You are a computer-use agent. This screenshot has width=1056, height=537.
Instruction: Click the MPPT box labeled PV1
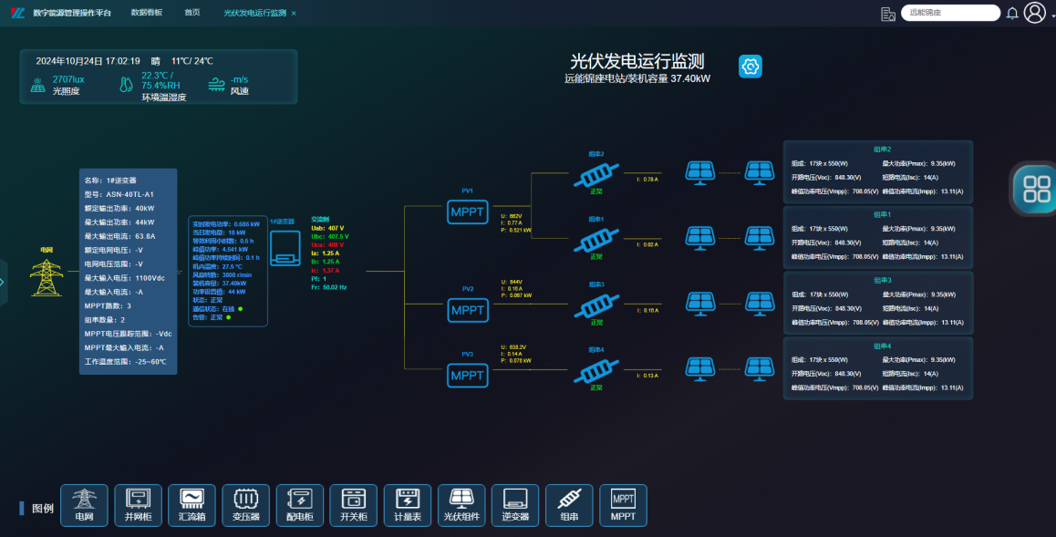tap(468, 212)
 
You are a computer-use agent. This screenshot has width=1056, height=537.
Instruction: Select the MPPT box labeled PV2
tap(468, 310)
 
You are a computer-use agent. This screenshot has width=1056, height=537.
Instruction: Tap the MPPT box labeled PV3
tap(468, 375)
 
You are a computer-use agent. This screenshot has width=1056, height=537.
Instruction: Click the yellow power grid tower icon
tap(47, 277)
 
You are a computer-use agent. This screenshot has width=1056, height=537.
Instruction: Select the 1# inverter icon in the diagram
tap(284, 244)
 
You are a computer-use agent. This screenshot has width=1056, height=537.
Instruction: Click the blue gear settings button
tap(750, 67)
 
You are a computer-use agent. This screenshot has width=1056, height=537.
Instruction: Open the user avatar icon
tap(1034, 13)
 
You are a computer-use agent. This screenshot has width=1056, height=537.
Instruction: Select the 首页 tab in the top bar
tap(192, 13)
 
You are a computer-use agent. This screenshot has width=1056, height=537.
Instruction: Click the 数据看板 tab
tap(147, 13)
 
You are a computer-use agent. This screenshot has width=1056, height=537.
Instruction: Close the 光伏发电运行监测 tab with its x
tap(294, 14)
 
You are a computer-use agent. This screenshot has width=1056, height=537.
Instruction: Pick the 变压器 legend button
tap(245, 505)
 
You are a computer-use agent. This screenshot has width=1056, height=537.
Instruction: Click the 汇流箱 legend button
tap(192, 505)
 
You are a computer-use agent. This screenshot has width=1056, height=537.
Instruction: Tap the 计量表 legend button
tap(408, 505)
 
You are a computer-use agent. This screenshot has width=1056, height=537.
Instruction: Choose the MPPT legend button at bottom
tap(623, 505)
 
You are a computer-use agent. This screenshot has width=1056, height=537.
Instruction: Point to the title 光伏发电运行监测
tap(637, 61)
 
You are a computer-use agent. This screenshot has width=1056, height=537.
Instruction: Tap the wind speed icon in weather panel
tap(217, 85)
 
